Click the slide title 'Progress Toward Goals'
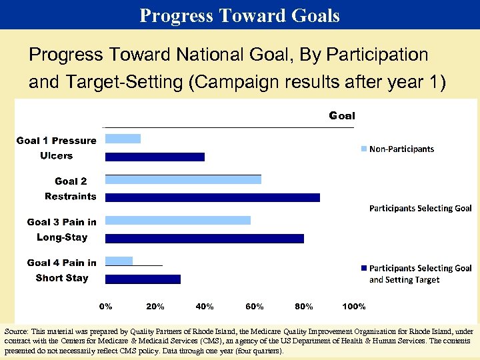coord(239,15)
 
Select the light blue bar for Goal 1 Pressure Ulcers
coord(123,139)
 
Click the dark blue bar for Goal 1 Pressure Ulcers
coord(155,157)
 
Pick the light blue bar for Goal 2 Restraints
coord(183,179)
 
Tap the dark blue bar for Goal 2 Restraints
coord(213,197)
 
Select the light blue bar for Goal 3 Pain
coord(178,220)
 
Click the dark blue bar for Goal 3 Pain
coord(205,238)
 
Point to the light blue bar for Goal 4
coord(119,261)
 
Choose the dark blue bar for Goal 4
coord(143,279)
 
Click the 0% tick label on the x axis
coord(106,307)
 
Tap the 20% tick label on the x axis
coord(155,307)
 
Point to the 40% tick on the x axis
coord(205,307)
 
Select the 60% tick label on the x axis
coord(254,307)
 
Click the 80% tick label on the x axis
coord(304,307)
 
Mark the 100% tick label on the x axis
coord(353,307)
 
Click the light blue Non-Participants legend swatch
coord(363,149)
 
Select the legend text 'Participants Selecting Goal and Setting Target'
coord(420,274)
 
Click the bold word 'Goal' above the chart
coord(342,115)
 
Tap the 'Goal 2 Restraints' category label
coord(70,189)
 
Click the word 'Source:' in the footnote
coord(18,331)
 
